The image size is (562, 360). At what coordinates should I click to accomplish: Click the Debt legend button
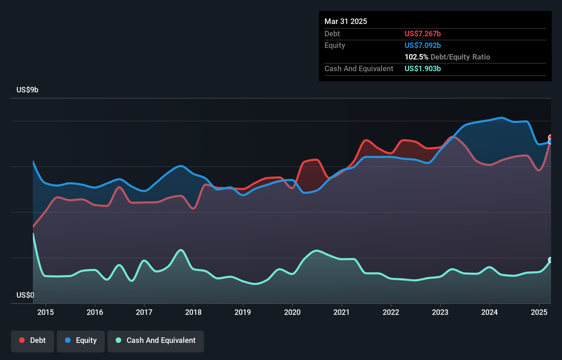pos(33,341)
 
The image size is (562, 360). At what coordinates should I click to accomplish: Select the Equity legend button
pos(81,341)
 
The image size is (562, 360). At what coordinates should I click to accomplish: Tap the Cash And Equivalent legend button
pos(156,341)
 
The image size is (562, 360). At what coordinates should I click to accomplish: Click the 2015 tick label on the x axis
pos(46,312)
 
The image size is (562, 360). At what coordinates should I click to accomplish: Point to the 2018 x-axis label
pos(193,312)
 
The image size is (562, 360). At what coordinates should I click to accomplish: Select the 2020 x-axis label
pos(292,312)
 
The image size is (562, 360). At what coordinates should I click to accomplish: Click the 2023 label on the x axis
pos(440,312)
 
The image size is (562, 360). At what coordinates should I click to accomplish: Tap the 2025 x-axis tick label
pos(539,312)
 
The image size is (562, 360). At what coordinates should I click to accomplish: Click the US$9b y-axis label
pos(27,90)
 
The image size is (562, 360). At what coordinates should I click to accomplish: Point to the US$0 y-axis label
pos(25,295)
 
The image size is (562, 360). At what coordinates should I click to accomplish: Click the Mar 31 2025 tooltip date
pos(346,21)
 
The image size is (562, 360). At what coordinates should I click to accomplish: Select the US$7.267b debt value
pos(423,34)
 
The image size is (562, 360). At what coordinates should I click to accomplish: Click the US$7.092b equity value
pos(423,45)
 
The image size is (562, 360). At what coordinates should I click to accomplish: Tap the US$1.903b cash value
pos(423,68)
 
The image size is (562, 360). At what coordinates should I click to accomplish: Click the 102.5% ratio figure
pos(416,57)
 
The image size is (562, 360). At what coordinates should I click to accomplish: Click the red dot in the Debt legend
pos(22,340)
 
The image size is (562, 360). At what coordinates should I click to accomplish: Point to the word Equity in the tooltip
pos(335,45)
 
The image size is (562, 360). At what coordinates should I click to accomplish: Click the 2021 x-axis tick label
pos(342,312)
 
